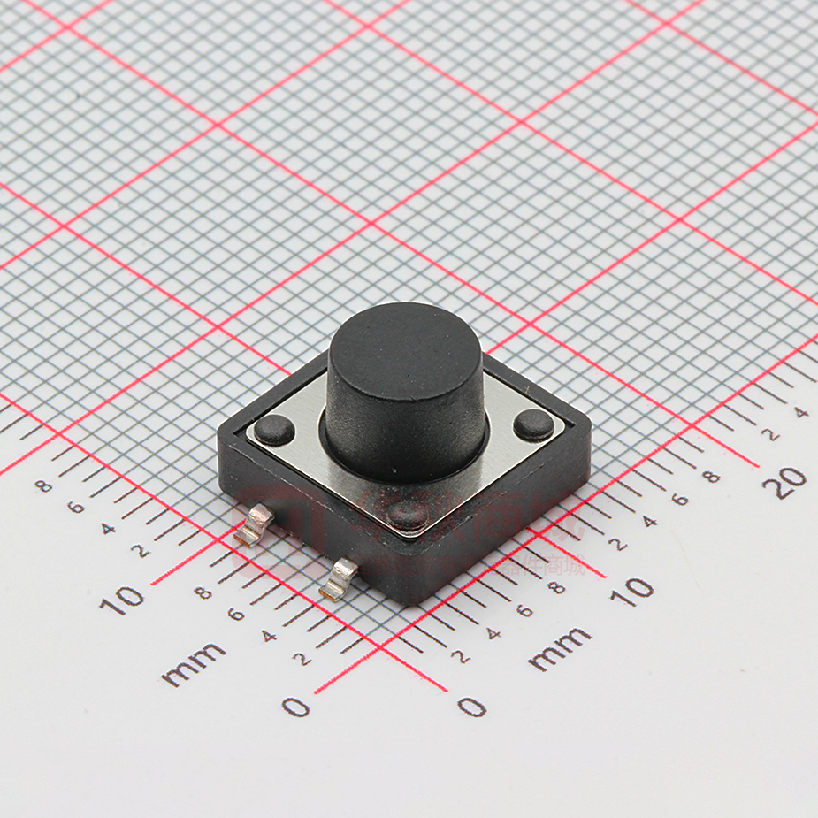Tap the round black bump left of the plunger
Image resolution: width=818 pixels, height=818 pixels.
point(275,430)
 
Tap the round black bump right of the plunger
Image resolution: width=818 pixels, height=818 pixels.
point(534,424)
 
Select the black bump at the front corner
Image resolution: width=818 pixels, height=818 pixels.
point(409,514)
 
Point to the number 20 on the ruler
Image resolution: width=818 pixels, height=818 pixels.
point(784,483)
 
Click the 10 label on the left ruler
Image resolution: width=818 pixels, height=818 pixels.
point(122,600)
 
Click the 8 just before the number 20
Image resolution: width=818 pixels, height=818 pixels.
point(709,477)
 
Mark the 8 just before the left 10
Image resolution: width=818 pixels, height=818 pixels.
point(203,592)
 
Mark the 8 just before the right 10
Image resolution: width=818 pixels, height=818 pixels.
point(555,587)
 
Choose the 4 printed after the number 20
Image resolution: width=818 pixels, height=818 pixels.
point(800,411)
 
